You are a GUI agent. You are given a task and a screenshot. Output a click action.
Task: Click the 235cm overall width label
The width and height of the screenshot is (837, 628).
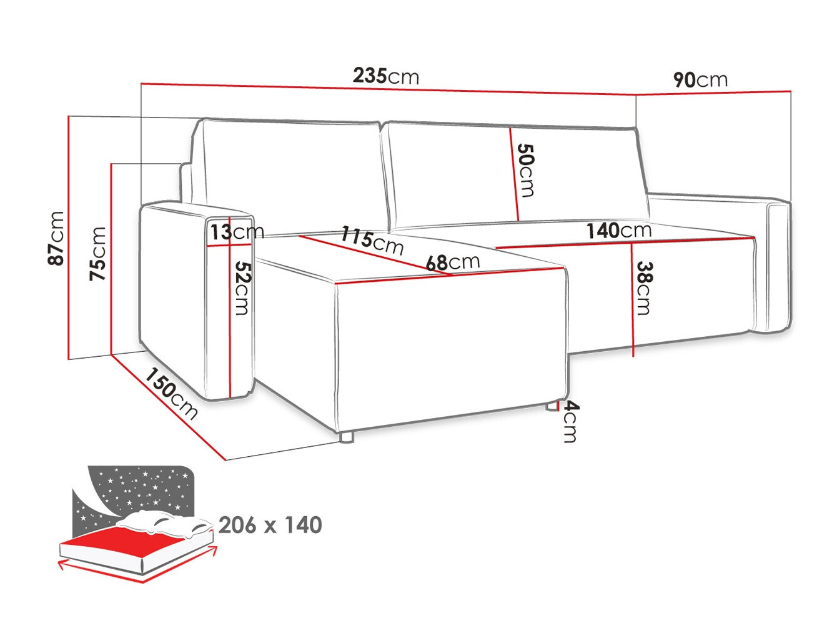tap(385, 76)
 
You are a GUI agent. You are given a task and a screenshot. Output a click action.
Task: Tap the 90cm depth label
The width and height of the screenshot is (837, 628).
tap(700, 81)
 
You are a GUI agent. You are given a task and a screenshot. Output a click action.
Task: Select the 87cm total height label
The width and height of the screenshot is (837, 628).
tap(56, 238)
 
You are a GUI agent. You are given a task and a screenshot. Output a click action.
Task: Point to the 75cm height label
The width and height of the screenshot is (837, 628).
tap(97, 254)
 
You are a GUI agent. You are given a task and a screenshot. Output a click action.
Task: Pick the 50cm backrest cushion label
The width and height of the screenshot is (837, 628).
tap(525, 171)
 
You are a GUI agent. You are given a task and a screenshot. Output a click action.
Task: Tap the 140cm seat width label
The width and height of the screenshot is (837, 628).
tap(618, 231)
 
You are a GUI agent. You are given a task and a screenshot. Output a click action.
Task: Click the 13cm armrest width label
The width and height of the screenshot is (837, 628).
tap(237, 232)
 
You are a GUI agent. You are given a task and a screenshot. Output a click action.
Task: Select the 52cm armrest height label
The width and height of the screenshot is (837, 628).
tap(242, 288)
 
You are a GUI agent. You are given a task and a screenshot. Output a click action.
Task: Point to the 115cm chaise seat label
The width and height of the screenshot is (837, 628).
tap(372, 241)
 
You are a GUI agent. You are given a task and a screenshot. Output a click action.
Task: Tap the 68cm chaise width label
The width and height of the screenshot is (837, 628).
tap(453, 262)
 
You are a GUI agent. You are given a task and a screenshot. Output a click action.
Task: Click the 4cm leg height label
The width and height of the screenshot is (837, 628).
tap(571, 421)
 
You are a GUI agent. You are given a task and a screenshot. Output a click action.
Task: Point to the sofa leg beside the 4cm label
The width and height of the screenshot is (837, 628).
tap(552, 406)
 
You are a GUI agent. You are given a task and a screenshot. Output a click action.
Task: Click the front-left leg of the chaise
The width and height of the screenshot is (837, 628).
tap(345, 438)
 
